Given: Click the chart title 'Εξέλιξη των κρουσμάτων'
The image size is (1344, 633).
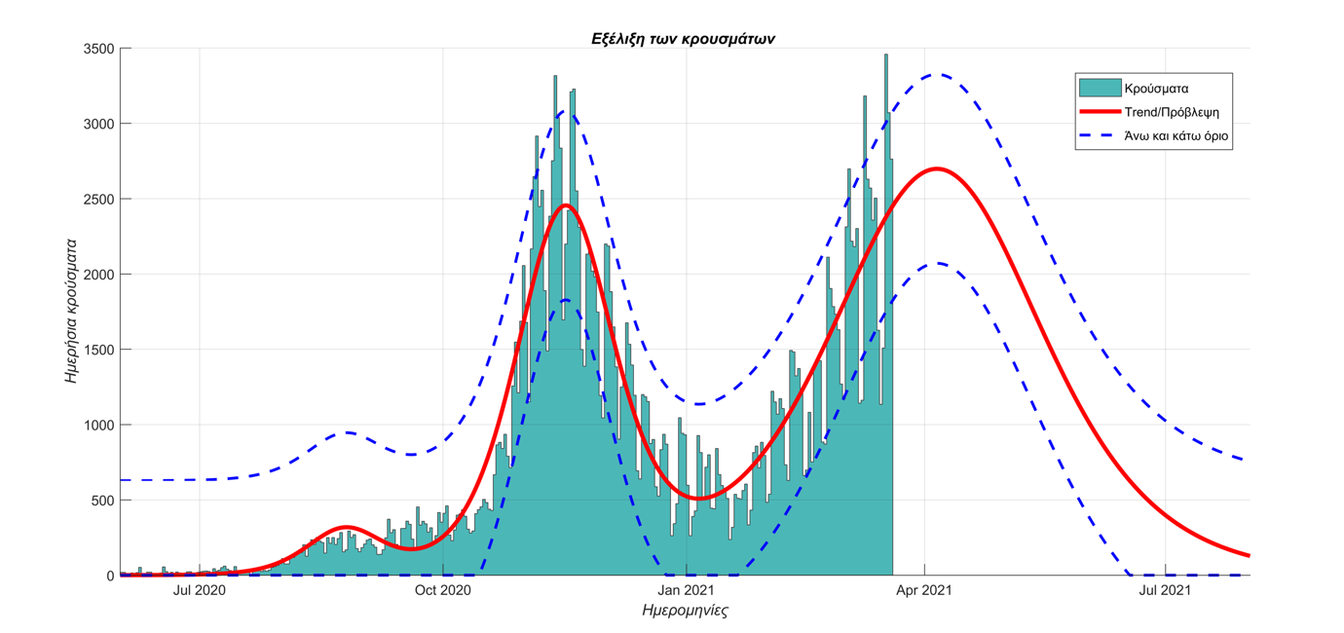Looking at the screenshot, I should point(683,39).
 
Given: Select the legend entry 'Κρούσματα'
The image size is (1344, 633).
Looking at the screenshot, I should point(1156,89).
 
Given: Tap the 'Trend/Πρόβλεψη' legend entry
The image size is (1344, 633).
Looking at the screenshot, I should point(1171,113).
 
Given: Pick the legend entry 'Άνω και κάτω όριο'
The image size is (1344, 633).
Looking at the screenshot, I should point(1176,137).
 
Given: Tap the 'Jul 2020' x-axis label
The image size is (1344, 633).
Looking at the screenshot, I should point(199,590).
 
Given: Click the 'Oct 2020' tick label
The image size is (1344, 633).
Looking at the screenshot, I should point(442,590).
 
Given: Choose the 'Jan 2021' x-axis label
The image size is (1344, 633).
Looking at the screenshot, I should point(686,590).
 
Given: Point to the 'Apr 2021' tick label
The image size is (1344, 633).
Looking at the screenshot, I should point(924,590).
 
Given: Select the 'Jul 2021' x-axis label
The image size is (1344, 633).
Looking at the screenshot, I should point(1164,590).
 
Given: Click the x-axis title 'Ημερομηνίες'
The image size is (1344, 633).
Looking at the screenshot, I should point(685,612).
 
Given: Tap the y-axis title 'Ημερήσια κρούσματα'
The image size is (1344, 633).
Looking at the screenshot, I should point(72,312).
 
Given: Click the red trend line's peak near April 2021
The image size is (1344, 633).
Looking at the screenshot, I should point(936,168).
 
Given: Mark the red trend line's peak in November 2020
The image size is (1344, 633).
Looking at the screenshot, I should point(566,205).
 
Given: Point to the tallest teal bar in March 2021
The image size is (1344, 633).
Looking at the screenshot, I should point(885,56).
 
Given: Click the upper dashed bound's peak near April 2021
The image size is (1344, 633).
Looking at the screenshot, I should point(936,74).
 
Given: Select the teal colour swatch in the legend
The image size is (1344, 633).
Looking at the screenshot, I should point(1099,89).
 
